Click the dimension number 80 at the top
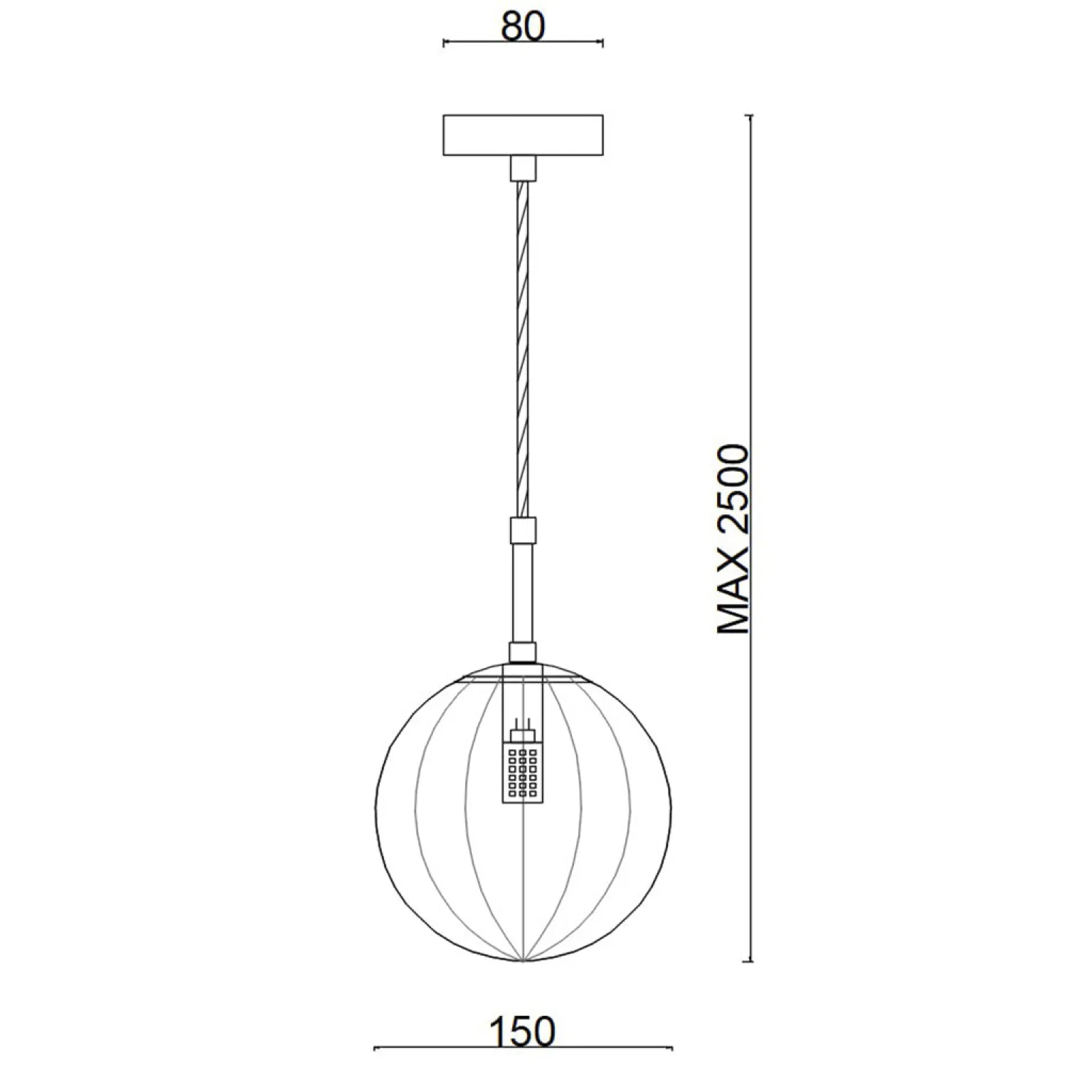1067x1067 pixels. [523, 26]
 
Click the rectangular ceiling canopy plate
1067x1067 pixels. [523, 135]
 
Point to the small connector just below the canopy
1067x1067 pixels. [523, 168]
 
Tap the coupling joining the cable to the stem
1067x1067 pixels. [523, 530]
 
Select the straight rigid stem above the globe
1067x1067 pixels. [523, 593]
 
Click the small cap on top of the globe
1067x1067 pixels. [523, 653]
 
